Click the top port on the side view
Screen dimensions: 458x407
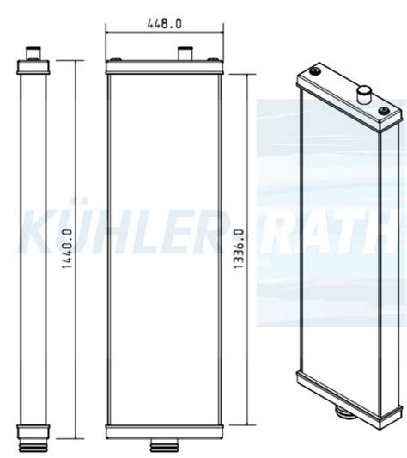tap(34, 54)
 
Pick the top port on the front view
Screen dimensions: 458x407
tap(184, 55)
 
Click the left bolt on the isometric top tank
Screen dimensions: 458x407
tap(314, 71)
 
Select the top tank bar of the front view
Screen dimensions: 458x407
tap(164, 67)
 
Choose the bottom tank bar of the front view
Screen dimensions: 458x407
tap(164, 430)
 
